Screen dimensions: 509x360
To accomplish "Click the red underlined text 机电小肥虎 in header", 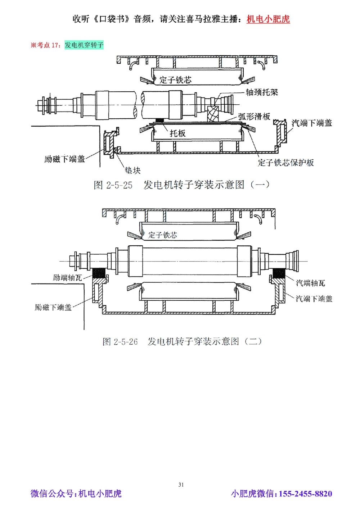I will (x=268, y=19).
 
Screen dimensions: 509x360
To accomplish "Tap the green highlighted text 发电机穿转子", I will (x=84, y=45).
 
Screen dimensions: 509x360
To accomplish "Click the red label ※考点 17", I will (x=46, y=45).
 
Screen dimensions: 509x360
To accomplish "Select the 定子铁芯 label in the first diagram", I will (x=175, y=80).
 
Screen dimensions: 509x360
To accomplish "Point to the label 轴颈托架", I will (x=262, y=92).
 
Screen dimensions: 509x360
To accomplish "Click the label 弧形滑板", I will (x=254, y=116).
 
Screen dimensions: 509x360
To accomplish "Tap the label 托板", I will (x=177, y=133).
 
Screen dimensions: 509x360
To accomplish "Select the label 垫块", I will (x=132, y=170).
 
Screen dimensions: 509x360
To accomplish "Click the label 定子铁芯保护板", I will (x=285, y=163).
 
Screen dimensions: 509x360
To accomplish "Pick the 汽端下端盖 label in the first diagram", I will (x=311, y=123).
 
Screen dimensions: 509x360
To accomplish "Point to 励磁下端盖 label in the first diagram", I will (x=64, y=159).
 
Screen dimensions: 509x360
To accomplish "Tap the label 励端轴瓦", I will (x=67, y=277).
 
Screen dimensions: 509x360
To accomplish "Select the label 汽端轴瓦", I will (x=310, y=283).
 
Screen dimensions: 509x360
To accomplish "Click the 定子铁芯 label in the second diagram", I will (x=163, y=235).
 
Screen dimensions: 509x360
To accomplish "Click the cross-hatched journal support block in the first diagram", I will (x=213, y=115).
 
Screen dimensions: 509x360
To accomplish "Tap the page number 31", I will (x=181, y=485).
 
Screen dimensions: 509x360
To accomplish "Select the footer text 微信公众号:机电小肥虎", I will (x=76, y=494).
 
